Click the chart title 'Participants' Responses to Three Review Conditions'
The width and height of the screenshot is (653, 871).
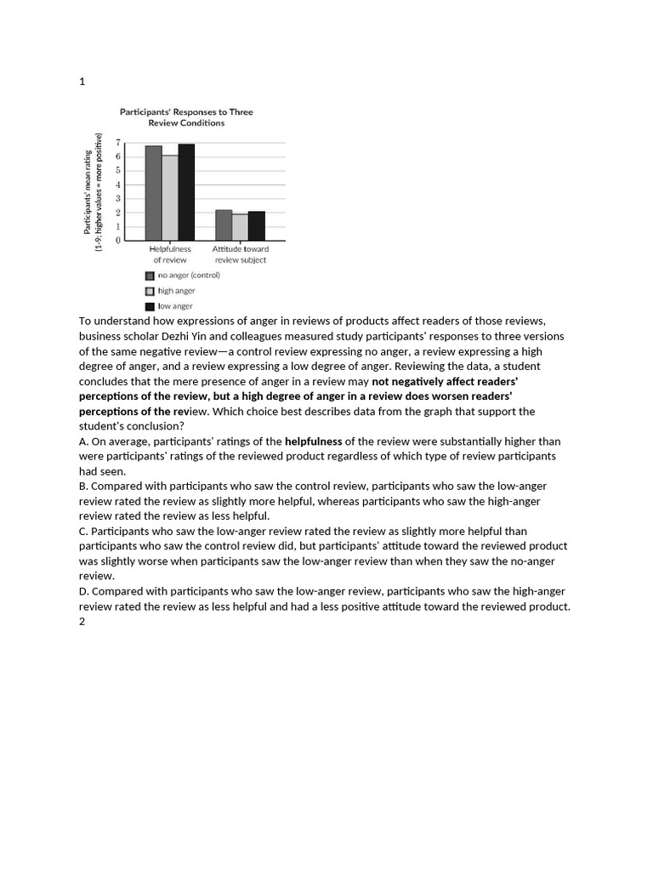point(185,117)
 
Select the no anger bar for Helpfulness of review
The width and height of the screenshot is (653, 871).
point(153,193)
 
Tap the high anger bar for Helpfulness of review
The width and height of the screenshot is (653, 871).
point(170,197)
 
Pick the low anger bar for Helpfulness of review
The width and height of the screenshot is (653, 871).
point(186,192)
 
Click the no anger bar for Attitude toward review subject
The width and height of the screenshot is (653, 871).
point(224,225)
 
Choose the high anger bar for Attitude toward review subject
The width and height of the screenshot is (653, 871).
point(240,227)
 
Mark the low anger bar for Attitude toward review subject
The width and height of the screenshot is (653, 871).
point(256,226)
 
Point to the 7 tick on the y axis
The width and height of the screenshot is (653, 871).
point(118,143)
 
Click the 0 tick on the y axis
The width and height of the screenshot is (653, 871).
point(118,241)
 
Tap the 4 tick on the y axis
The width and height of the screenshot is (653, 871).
point(118,185)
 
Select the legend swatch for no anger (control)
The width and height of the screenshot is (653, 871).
point(150,276)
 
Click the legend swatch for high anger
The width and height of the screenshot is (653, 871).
point(150,291)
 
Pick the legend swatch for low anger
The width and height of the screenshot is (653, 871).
point(150,306)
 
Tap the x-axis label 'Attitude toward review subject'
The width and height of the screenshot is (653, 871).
point(241,254)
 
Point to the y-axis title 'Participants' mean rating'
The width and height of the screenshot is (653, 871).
point(88,192)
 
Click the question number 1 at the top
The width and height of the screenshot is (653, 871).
point(82,82)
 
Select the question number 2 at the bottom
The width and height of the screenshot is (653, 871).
point(82,622)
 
